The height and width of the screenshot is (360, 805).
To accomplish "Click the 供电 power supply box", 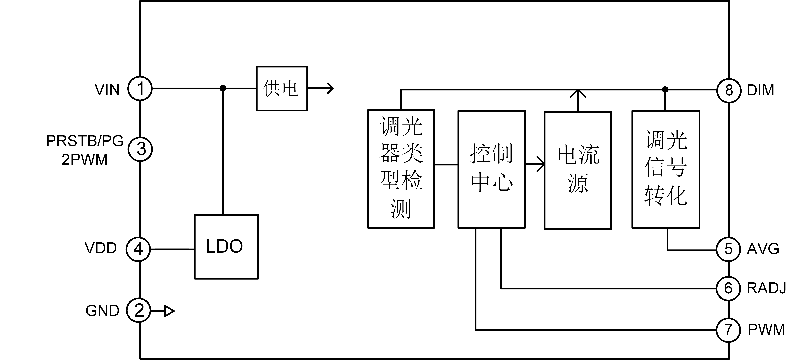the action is (x=282, y=88).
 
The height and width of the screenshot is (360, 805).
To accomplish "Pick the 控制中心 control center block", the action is (x=492, y=169).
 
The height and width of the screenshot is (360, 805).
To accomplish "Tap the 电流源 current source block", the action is (x=578, y=170).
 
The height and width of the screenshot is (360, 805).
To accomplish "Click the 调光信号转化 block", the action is (x=666, y=169).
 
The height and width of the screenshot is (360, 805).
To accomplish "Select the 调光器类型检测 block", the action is (x=401, y=169).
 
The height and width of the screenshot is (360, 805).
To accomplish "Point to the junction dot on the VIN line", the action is (x=223, y=88).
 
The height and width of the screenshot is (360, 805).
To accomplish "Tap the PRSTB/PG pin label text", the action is (x=85, y=141).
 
